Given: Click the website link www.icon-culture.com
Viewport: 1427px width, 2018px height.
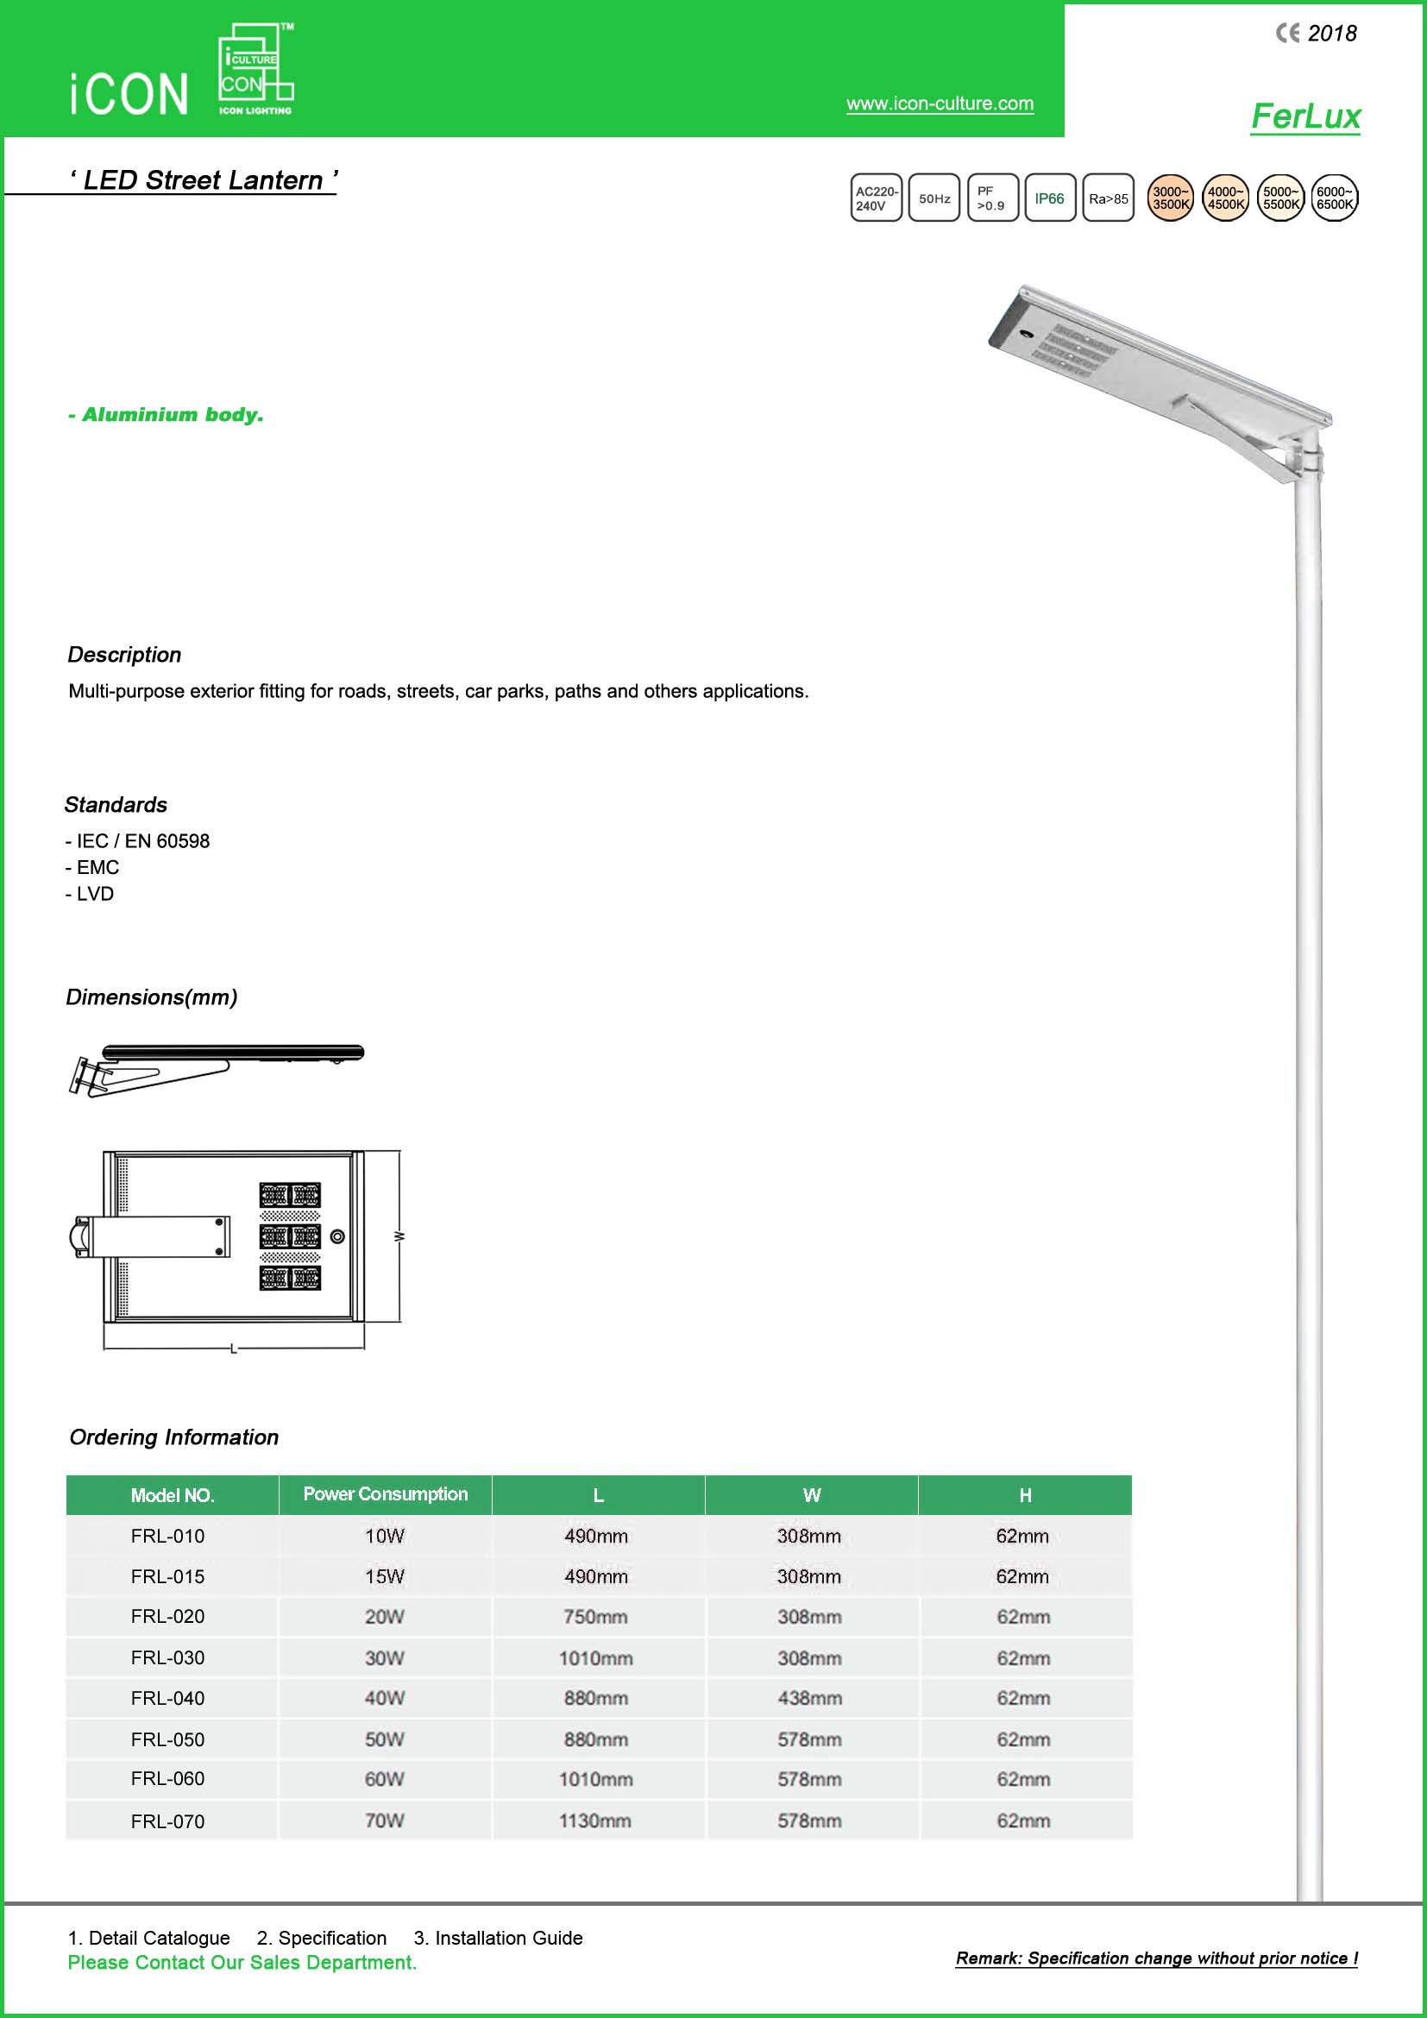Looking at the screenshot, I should click(940, 104).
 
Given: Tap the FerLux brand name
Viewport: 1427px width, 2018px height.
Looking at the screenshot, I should click(1304, 116).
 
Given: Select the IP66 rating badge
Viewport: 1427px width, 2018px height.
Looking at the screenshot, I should click(1049, 198).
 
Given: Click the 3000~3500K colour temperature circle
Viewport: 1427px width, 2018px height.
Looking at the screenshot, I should click(1171, 198).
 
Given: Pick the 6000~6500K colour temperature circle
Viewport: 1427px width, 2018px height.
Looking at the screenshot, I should click(1334, 198).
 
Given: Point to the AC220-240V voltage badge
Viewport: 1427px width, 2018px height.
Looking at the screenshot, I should click(876, 198).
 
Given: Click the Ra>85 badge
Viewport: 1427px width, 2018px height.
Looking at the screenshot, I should click(1108, 198).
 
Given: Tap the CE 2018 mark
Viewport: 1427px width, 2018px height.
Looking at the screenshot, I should click(1317, 34).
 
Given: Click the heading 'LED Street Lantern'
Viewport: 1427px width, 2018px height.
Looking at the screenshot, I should click(203, 180).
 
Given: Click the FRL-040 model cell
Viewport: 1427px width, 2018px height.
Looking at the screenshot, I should click(168, 1698).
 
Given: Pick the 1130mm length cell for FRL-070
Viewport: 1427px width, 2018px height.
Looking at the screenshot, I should click(595, 1820).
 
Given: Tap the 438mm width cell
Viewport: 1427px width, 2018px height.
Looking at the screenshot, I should click(809, 1698).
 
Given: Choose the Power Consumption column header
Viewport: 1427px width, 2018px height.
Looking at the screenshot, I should click(385, 1494).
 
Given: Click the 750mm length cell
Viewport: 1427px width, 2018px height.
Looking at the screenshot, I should click(596, 1616).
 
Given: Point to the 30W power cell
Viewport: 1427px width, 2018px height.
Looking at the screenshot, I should click(385, 1657).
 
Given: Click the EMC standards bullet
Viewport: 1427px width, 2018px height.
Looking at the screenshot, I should click(92, 867).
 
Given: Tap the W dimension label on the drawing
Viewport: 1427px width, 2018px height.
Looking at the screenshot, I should click(399, 1236).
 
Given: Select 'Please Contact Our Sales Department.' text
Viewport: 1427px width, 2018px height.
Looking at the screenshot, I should click(242, 1963).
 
